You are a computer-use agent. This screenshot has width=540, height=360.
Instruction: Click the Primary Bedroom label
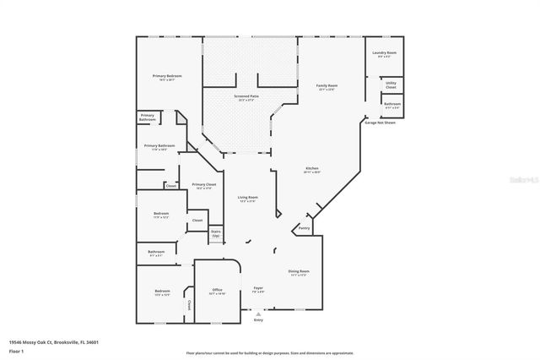point(167,76)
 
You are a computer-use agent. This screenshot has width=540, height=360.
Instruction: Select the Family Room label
point(327,85)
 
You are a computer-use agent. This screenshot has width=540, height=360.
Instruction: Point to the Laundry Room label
point(386,52)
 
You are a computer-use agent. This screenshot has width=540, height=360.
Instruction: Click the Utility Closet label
point(391,85)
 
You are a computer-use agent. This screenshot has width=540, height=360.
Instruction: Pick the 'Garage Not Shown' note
point(381,123)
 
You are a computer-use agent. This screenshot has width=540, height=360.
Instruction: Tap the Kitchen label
point(312,168)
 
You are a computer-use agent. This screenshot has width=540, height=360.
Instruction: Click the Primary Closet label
point(204,184)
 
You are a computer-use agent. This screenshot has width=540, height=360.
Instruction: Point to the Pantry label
point(305,227)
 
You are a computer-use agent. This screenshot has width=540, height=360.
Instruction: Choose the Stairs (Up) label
point(216,233)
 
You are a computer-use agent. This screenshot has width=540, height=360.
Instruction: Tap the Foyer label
point(258,288)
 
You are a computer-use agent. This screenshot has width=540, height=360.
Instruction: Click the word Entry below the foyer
point(258,320)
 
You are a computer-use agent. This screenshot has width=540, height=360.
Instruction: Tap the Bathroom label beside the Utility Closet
point(392,104)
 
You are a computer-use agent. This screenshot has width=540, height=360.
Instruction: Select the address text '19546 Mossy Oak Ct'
point(38,341)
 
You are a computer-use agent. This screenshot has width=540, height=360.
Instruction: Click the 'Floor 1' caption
point(17,350)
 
